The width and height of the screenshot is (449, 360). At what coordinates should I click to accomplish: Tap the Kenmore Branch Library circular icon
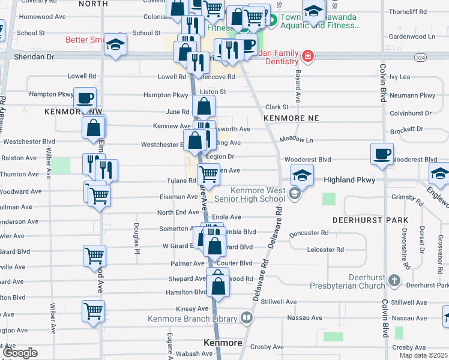(246, 317)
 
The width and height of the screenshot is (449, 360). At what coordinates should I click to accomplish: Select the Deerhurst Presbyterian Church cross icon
(394, 280)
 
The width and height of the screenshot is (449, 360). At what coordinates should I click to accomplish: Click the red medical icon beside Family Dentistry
(307, 56)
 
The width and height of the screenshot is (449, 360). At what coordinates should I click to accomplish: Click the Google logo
(20, 353)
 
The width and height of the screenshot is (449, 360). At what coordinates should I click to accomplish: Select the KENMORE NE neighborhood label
(291, 118)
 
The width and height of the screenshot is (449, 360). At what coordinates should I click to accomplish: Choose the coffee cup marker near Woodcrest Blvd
(382, 155)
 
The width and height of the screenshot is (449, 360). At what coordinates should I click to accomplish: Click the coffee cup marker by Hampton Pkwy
(85, 97)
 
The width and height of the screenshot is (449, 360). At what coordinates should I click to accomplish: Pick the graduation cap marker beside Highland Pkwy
(302, 176)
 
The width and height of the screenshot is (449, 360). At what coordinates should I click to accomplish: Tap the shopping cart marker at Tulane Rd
(208, 174)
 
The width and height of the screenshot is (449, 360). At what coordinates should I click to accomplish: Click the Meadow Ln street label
(297, 139)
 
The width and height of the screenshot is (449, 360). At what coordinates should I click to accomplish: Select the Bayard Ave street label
(297, 86)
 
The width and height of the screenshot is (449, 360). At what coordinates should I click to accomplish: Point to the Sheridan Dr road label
(34, 56)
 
